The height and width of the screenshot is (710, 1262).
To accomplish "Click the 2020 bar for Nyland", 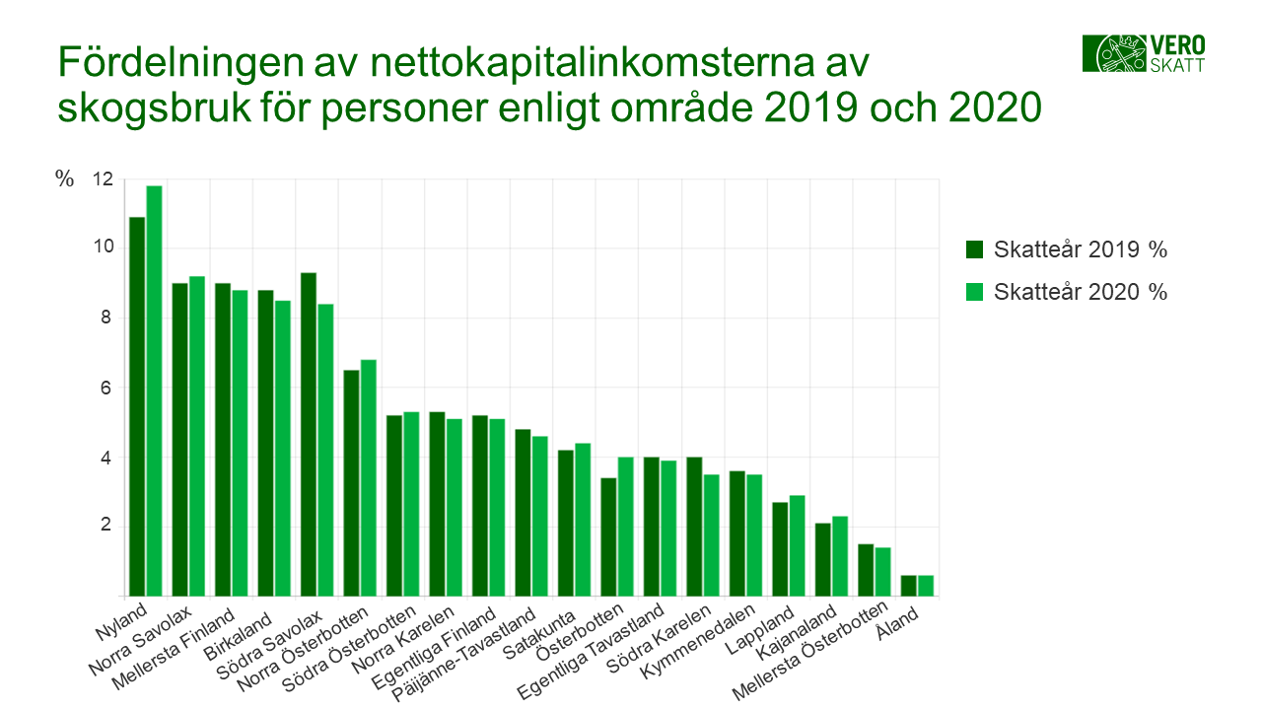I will coord(154,391).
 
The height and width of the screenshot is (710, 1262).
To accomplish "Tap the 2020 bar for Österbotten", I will coord(626,527).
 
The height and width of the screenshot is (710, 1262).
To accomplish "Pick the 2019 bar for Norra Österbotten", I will coord(351,483).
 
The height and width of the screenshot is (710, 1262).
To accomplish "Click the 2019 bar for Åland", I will coord(909,586).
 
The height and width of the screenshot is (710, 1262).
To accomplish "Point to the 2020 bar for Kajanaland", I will coord(840,556).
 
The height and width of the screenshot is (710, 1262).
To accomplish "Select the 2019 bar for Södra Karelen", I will coord(694,527).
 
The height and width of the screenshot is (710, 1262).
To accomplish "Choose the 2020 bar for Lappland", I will coord(798,545).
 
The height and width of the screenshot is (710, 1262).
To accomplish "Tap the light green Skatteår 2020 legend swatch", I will coord(975,292).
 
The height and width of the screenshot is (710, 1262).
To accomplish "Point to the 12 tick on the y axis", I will coord(103,179).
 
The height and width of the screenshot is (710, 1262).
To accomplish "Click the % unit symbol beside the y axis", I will coord(65,179).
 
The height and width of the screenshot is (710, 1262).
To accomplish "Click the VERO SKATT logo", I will coord(1144,53).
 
